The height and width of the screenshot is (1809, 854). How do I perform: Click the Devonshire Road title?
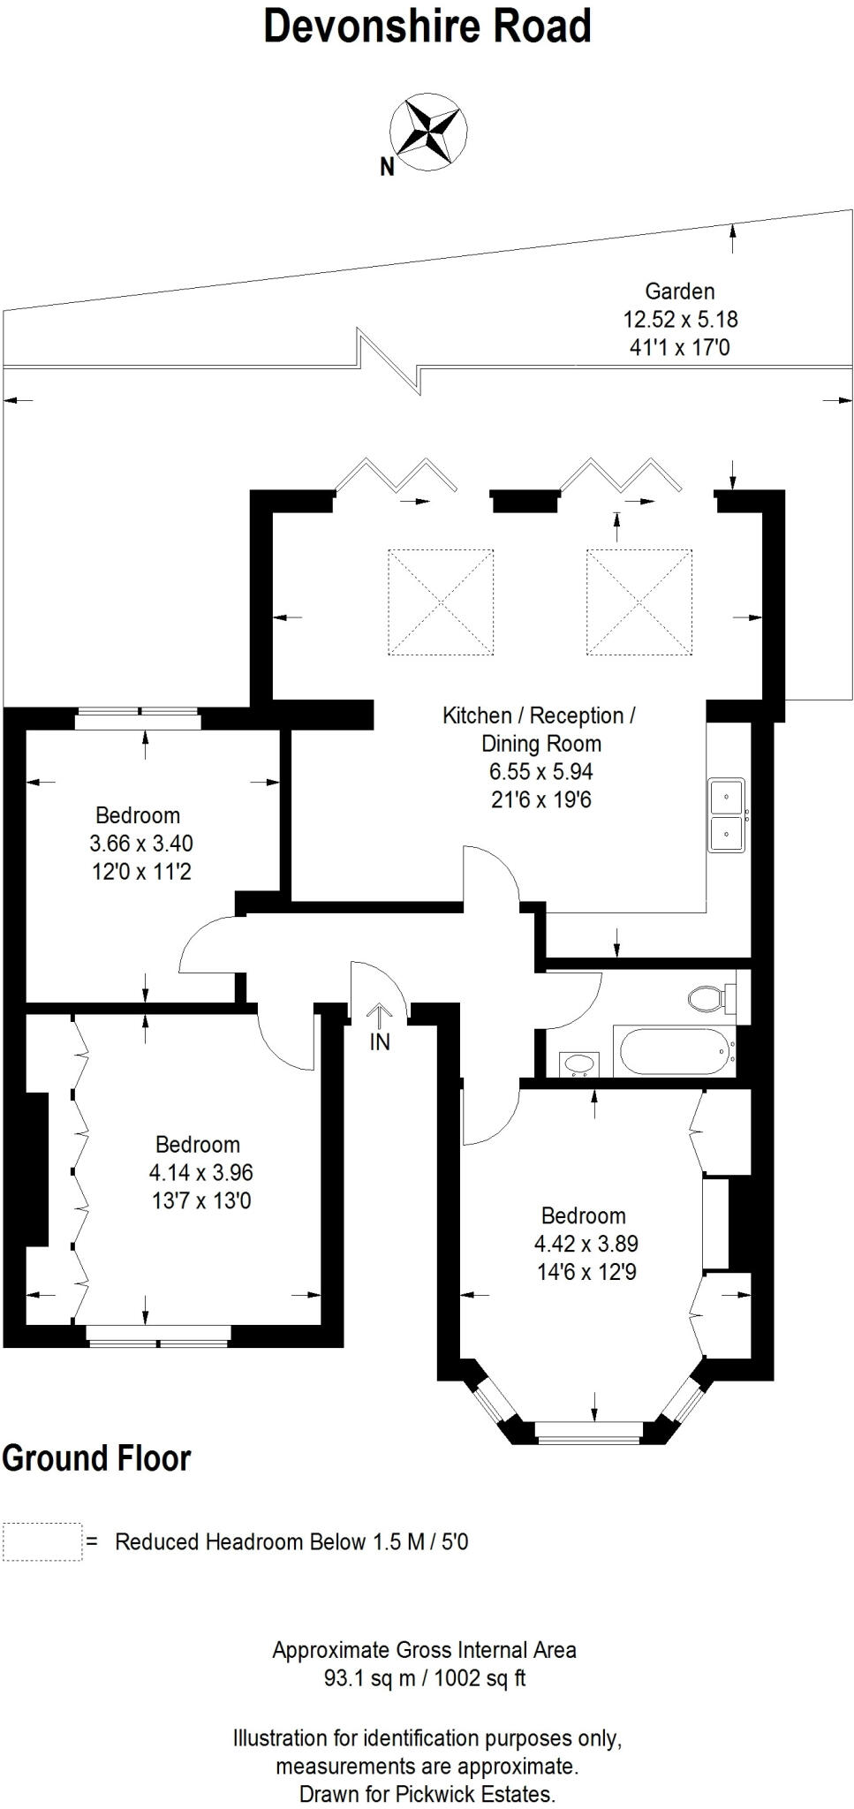[427, 27]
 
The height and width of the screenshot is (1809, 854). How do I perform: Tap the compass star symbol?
[429, 131]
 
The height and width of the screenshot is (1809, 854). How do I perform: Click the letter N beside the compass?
[387, 167]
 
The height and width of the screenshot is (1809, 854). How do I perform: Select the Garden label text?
[679, 291]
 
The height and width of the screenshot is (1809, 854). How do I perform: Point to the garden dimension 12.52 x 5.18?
[680, 319]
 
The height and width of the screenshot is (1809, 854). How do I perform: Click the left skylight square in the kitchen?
[441, 602]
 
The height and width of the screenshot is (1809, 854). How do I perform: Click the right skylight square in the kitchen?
[639, 602]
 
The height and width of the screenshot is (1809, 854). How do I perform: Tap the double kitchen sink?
[727, 814]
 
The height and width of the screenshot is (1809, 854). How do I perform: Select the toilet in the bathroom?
[710, 999]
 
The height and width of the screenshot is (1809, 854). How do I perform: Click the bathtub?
[675, 1052]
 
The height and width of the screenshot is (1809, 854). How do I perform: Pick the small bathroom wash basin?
[579, 1063]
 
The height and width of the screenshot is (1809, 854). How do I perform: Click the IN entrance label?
[380, 1042]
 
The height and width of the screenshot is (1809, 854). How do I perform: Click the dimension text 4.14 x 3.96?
[201, 1172]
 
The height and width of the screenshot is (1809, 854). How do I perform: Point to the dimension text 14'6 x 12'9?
[586, 1272]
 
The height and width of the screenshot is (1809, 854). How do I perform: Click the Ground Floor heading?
[96, 1458]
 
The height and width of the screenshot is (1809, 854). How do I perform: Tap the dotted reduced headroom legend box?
[42, 1541]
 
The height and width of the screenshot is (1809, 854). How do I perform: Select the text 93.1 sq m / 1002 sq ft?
[425, 1677]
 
